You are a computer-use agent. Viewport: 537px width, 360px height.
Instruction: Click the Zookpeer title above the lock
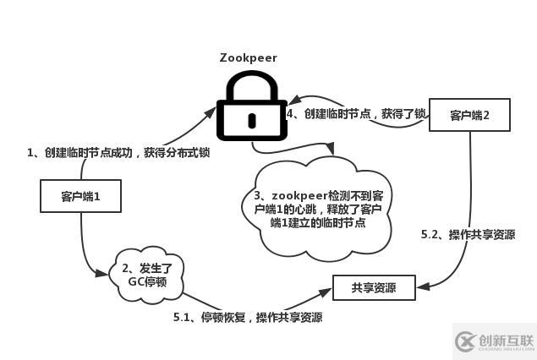pos(248,58)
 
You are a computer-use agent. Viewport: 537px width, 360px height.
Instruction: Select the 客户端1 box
pos(81,196)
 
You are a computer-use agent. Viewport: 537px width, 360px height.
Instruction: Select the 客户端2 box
pos(469,115)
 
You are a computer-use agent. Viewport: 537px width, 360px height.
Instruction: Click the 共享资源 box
pos(374,288)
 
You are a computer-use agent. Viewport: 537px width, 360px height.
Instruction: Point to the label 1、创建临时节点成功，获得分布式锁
pos(118,153)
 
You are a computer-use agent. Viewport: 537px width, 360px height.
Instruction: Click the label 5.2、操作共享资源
pos(468,235)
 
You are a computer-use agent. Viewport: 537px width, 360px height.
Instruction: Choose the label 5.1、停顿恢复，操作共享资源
pos(247,318)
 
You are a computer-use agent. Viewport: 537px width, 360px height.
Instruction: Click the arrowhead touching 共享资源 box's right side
pos(422,288)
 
